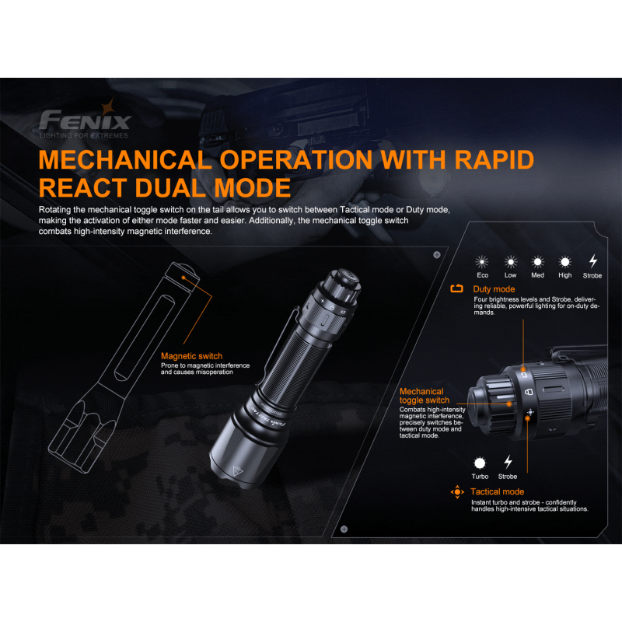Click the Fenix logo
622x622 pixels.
[85, 119]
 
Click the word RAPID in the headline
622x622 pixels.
[494, 159]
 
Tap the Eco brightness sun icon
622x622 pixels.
[482, 262]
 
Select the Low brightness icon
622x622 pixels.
[511, 262]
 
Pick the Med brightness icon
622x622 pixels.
[537, 262]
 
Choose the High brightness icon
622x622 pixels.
[565, 262]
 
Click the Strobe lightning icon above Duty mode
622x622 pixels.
[593, 261]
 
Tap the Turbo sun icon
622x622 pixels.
[480, 463]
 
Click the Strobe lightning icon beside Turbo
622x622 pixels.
[508, 462]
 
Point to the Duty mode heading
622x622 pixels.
[494, 289]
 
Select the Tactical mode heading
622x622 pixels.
[497, 491]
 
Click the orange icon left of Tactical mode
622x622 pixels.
[457, 492]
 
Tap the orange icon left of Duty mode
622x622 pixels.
[456, 288]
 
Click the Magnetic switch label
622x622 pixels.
[191, 356]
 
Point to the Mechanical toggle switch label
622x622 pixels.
[425, 396]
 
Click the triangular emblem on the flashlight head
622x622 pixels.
[238, 471]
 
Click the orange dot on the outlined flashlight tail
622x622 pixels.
[183, 278]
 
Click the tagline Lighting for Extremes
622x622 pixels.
[84, 135]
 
